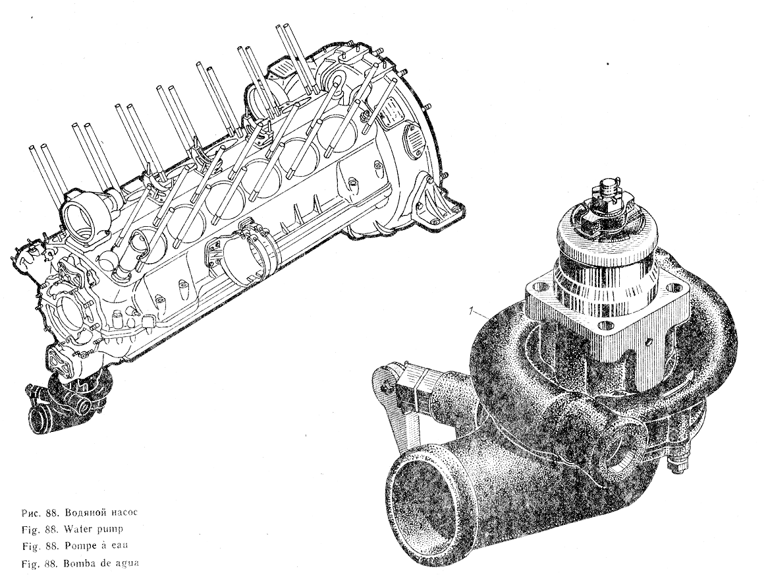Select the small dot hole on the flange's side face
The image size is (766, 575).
point(649,342)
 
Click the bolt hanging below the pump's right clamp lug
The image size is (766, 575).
point(681,463)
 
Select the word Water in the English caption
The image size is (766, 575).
point(78,529)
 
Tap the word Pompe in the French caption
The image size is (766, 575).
point(80,546)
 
